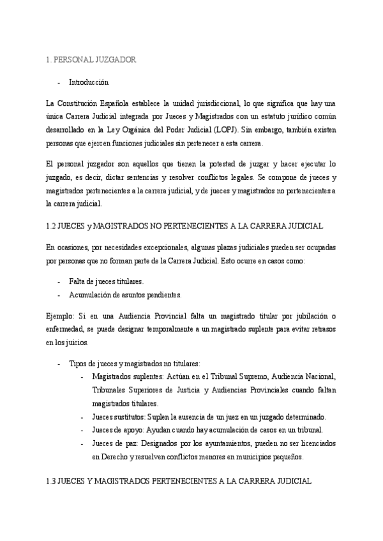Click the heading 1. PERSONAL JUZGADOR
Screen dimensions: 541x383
point(91,60)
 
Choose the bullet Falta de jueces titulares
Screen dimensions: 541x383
point(106,281)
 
